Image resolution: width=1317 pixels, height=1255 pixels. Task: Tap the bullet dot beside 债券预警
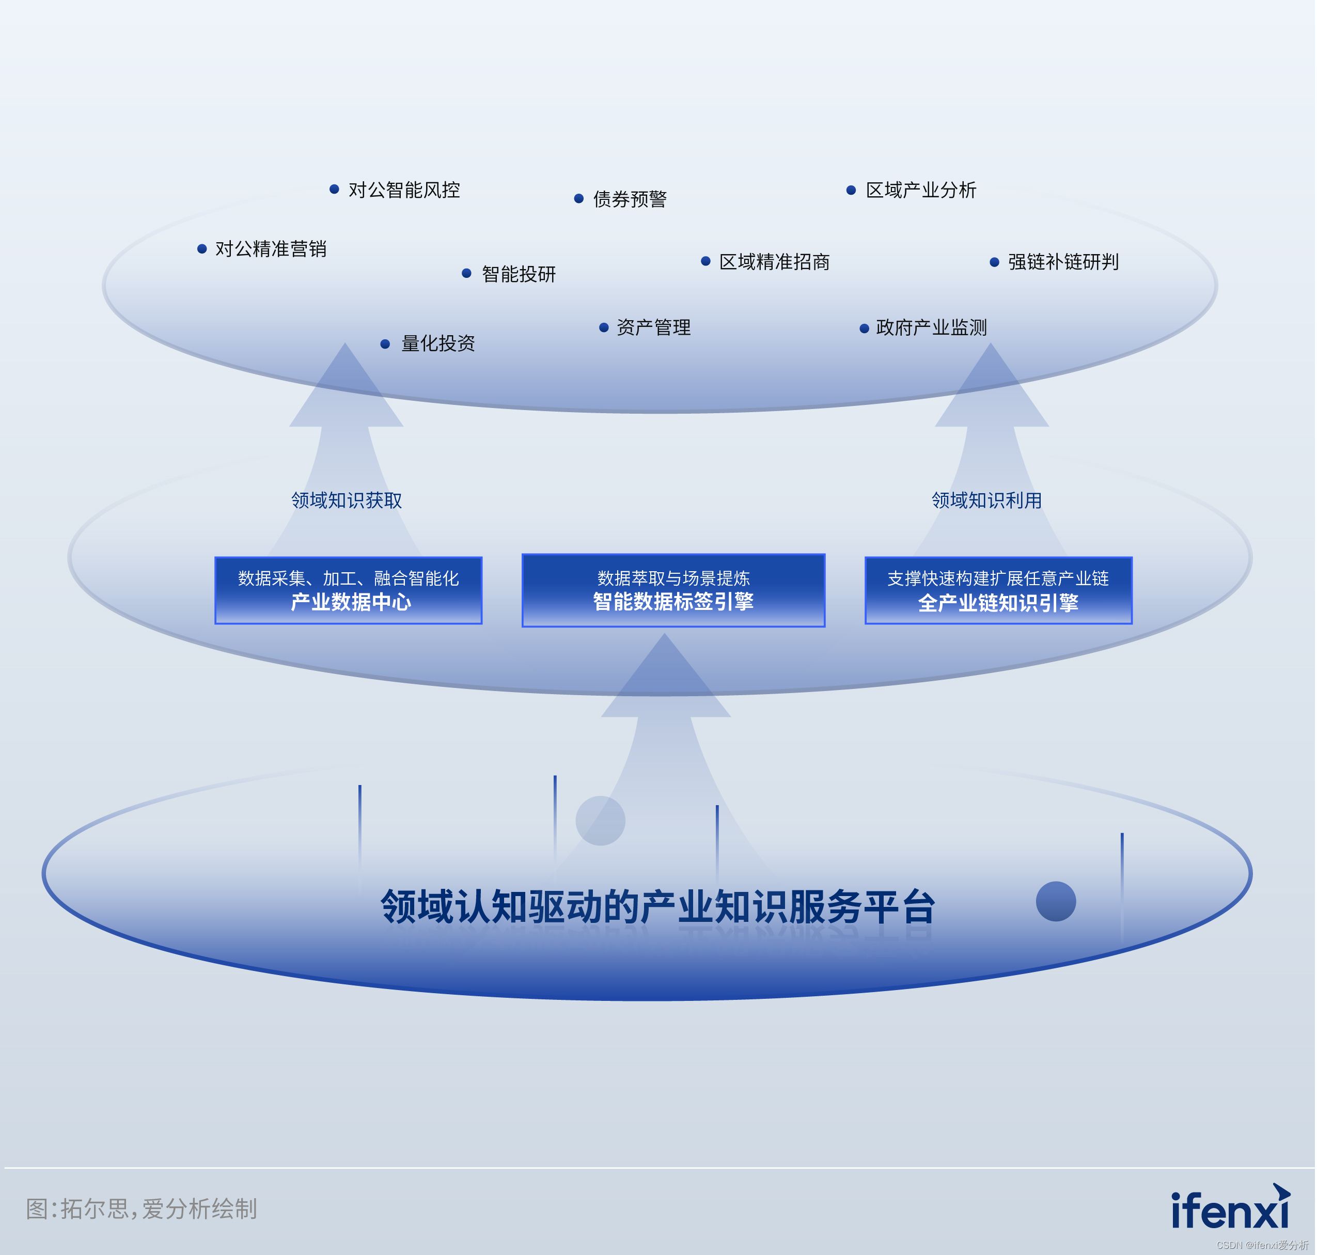pyautogui.click(x=579, y=199)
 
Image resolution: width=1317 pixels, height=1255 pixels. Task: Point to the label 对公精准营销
pyautogui.click(x=271, y=249)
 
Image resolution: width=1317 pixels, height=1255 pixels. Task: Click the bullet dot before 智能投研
pyautogui.click(x=467, y=273)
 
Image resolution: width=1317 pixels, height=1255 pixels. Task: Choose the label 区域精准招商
pyautogui.click(x=775, y=261)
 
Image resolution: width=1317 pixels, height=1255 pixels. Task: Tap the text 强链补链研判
pyautogui.click(x=1063, y=261)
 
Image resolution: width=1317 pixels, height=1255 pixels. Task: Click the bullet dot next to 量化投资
pyautogui.click(x=385, y=344)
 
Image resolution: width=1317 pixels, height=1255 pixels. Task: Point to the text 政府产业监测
pyautogui.click(x=932, y=327)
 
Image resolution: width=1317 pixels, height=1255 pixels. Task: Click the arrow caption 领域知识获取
pyautogui.click(x=347, y=500)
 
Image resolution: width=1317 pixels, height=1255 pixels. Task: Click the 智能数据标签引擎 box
pyautogui.click(x=673, y=590)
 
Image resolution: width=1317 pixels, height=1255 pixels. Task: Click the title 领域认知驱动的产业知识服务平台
pyautogui.click(x=658, y=906)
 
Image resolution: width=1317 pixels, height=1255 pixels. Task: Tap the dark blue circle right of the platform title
pyautogui.click(x=1056, y=901)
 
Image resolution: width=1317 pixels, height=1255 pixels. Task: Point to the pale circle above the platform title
pyautogui.click(x=601, y=821)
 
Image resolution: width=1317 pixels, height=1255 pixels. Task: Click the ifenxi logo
pyautogui.click(x=1231, y=1208)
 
